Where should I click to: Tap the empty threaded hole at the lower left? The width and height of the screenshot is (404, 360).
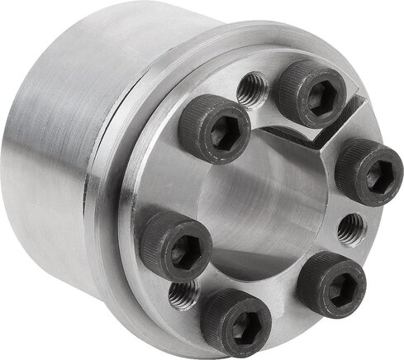[x=183, y=293]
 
